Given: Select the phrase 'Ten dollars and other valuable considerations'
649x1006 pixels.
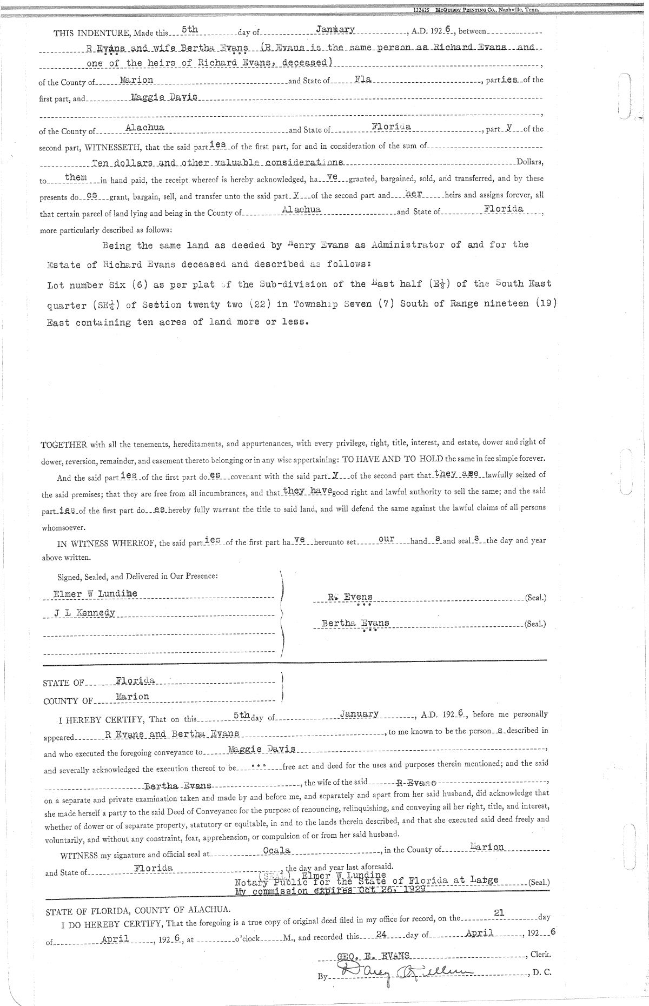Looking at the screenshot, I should [x=217, y=162].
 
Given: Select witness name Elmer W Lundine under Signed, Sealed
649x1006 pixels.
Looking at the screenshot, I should [x=95, y=594].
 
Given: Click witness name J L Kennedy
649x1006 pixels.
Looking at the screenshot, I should [x=84, y=613].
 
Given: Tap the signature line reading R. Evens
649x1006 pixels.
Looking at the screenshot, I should [x=350, y=597].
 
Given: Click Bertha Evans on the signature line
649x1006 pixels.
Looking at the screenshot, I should [x=355, y=623].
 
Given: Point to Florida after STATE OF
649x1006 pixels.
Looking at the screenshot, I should [x=135, y=680].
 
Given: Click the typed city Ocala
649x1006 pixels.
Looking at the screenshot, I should [x=276, y=850].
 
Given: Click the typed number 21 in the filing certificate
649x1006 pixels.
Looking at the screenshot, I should [x=499, y=912].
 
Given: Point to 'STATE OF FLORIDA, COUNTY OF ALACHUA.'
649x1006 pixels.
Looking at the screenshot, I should [x=139, y=910].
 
